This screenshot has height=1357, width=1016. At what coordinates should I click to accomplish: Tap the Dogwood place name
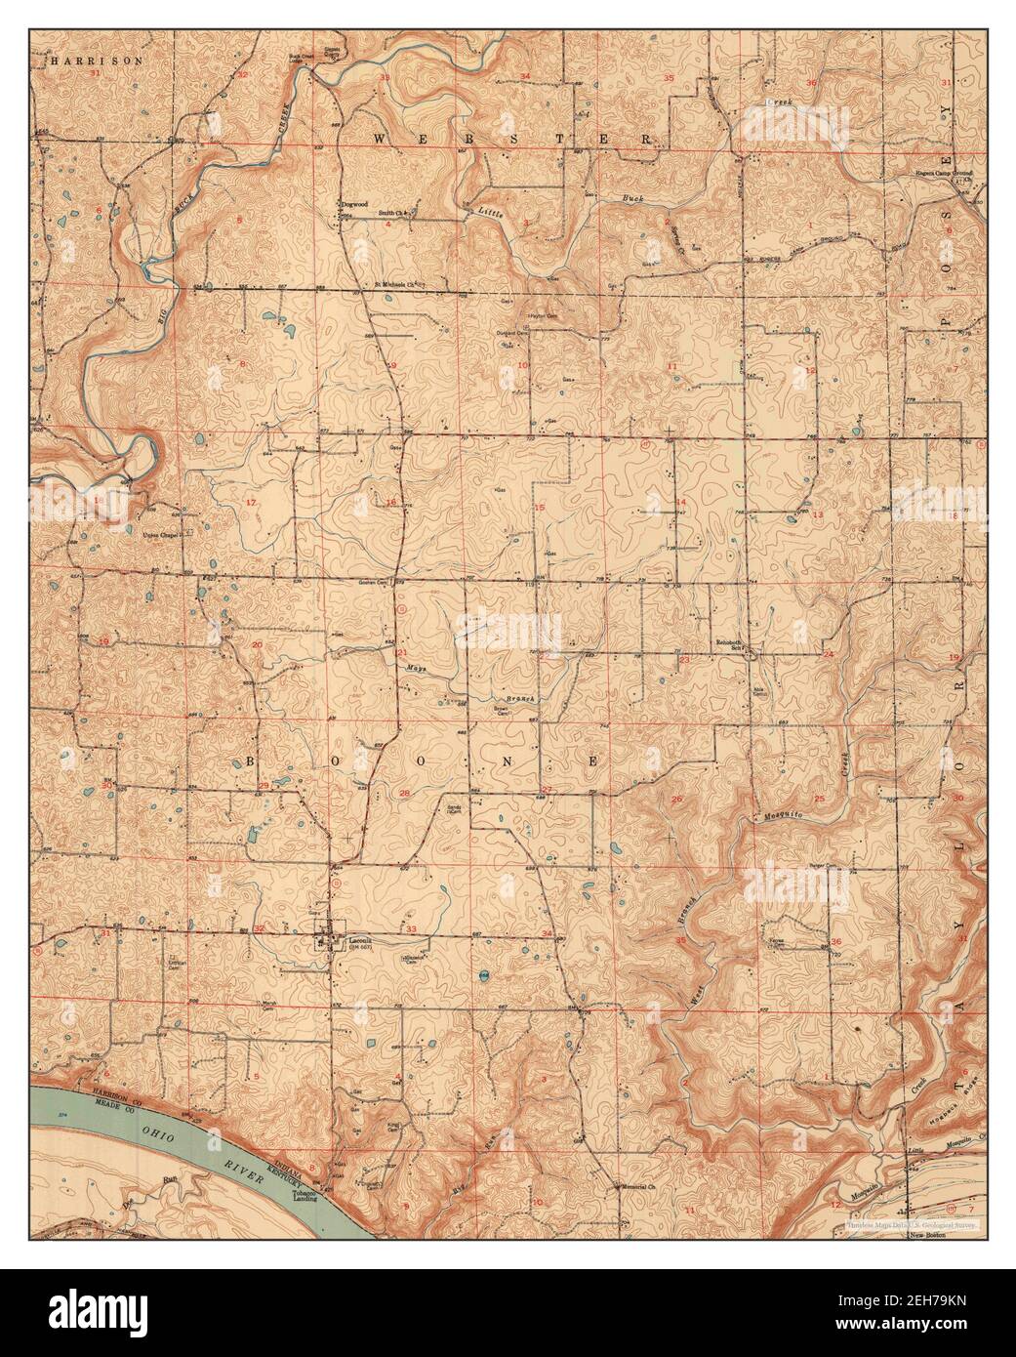click(351, 204)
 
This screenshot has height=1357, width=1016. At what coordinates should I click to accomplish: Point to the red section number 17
click(251, 503)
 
